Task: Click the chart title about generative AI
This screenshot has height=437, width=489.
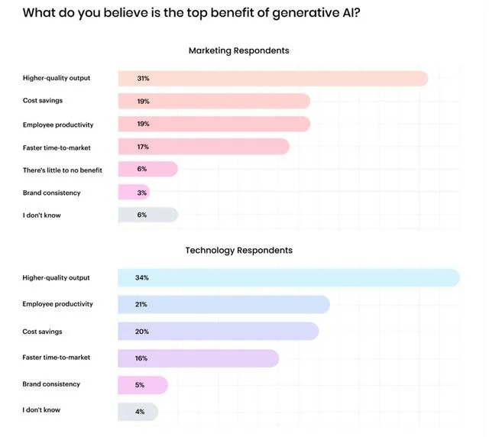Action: (x=186, y=13)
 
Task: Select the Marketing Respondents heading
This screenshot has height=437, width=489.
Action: (x=238, y=50)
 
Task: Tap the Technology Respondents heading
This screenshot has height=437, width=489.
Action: (x=238, y=250)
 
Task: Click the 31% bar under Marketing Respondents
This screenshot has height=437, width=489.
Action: (x=272, y=78)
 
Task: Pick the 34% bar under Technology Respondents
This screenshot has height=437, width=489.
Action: (x=288, y=277)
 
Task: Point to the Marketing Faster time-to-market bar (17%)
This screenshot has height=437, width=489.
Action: (x=203, y=147)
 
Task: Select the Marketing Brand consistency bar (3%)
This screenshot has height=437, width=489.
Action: (x=134, y=193)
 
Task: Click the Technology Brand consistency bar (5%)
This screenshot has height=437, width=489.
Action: (x=143, y=385)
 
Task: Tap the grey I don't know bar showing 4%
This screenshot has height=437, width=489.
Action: (x=138, y=412)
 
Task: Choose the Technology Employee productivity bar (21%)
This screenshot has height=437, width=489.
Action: (x=223, y=305)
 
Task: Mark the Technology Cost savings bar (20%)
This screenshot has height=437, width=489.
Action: (x=218, y=332)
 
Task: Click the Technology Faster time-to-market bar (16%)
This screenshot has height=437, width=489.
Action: (x=198, y=358)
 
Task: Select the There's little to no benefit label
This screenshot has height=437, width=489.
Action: (x=63, y=169)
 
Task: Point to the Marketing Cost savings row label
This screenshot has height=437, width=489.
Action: (x=43, y=101)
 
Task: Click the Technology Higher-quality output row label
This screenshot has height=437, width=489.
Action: (x=57, y=277)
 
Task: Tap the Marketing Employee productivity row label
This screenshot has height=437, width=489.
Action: (x=58, y=124)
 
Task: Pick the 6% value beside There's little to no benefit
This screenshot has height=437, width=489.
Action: (x=141, y=169)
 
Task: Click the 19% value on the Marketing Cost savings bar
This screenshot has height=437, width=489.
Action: (x=143, y=101)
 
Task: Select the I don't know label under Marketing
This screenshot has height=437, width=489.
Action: (x=42, y=215)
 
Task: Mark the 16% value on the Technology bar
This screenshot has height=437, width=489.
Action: (x=141, y=358)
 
